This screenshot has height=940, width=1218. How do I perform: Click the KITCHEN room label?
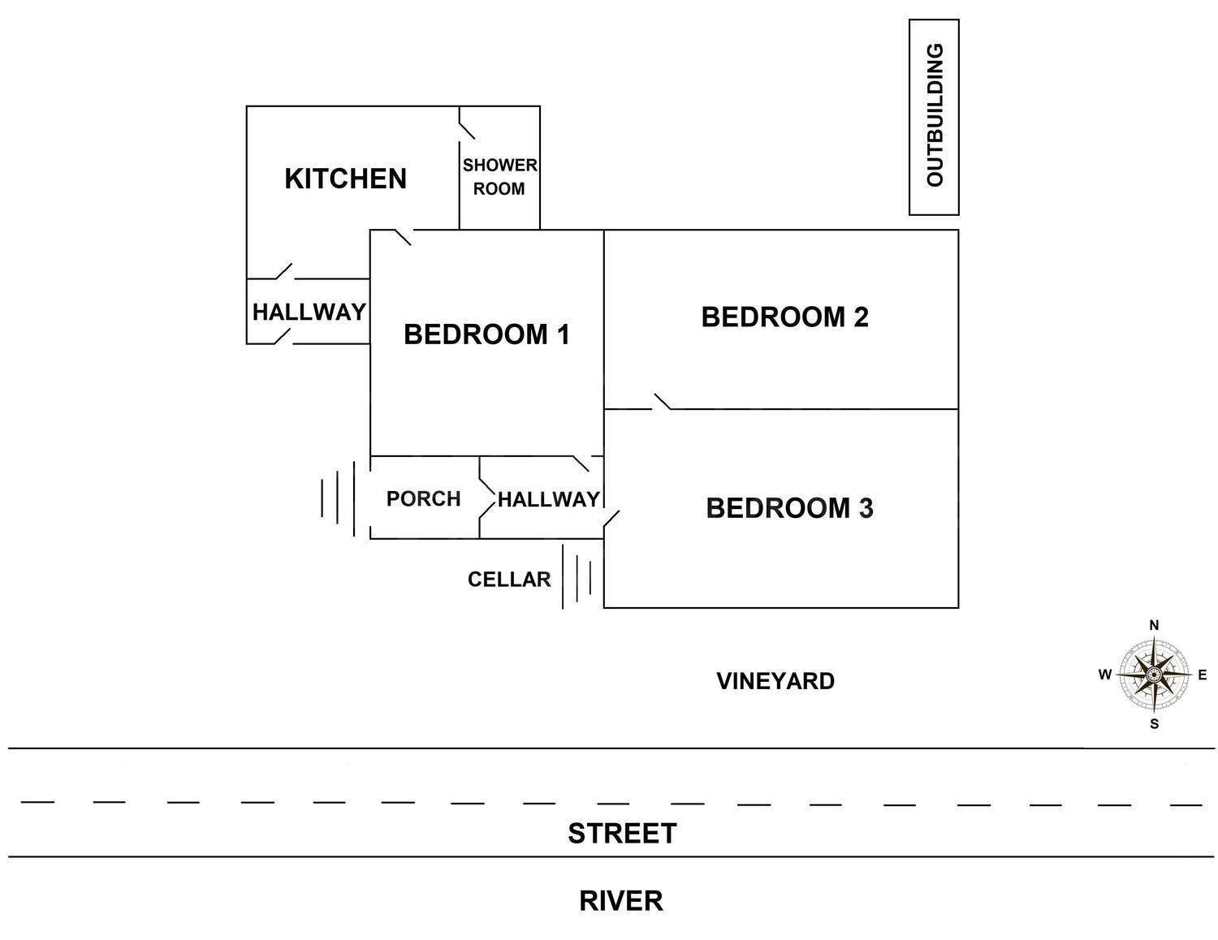tap(345, 179)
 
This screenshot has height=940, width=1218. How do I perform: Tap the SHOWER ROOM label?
tap(499, 176)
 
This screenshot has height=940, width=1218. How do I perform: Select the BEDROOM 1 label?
tap(486, 334)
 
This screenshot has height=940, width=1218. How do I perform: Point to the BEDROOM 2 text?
tap(784, 317)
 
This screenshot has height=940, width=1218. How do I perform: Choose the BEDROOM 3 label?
tap(789, 508)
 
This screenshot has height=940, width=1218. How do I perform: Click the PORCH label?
tap(423, 498)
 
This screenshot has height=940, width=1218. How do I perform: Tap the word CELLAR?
tap(509, 580)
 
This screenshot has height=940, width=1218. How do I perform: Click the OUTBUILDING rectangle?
tap(934, 117)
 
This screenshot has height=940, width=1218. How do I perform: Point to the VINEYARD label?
tap(775, 681)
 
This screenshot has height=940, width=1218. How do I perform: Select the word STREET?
tap(622, 834)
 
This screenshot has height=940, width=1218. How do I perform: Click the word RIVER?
tap(621, 901)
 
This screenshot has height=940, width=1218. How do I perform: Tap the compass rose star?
tap(1154, 675)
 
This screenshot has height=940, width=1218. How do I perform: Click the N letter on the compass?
tap(1154, 625)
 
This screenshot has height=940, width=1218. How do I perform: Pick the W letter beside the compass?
tap(1105, 675)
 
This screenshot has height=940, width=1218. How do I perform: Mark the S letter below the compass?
tap(1154, 724)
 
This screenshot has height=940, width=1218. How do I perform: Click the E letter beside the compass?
tap(1203, 675)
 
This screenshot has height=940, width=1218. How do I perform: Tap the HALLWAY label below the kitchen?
tap(309, 312)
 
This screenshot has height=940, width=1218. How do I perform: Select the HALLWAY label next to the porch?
tap(549, 499)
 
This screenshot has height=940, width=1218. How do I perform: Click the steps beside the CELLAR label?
tap(577, 576)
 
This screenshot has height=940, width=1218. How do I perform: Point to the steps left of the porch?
tap(338, 498)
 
